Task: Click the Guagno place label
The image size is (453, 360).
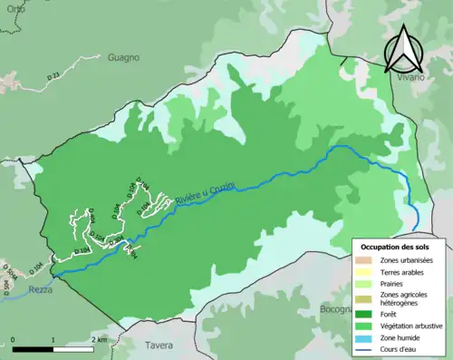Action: click(x=122, y=57)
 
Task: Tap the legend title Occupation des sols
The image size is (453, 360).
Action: click(x=397, y=246)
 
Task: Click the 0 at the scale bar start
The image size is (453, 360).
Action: click(x=14, y=339)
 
